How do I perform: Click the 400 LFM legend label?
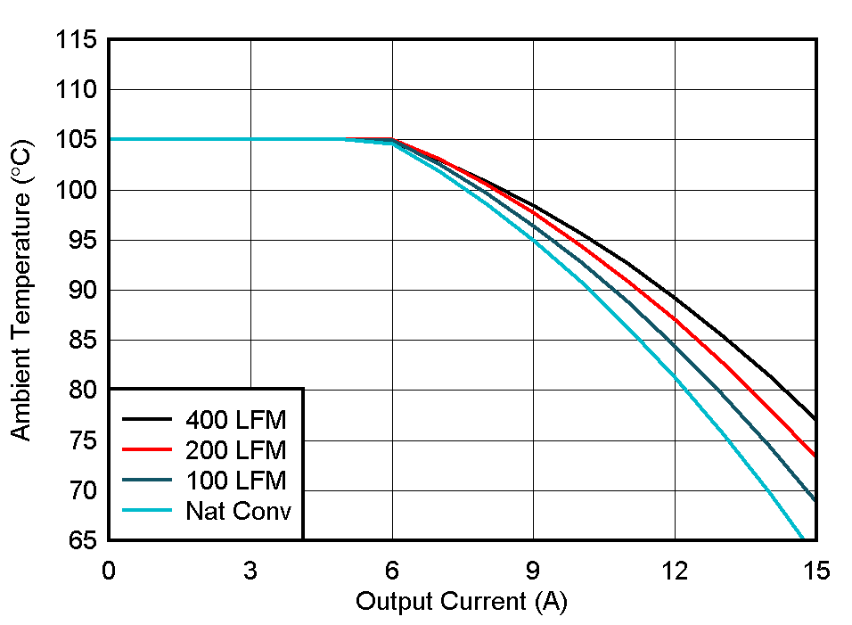236,418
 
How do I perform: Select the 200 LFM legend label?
236,449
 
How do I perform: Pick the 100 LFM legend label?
236,481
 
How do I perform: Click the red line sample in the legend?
148,449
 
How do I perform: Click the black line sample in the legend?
148,418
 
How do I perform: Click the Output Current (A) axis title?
461,602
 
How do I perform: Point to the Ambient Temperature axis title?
21,290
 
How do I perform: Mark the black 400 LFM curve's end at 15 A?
815,419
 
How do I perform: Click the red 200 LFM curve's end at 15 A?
815,455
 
